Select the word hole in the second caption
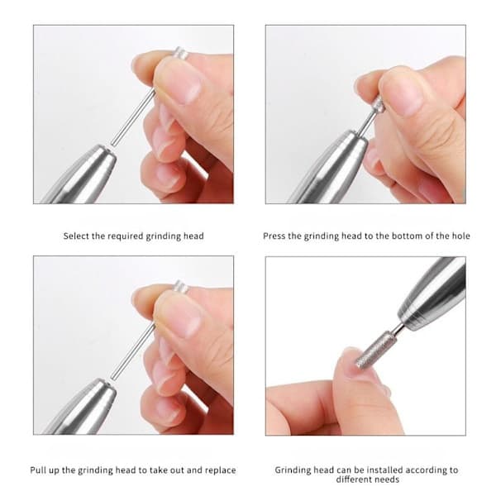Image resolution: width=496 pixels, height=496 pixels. click(461, 236)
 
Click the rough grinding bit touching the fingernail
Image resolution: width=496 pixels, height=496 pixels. click(376, 350)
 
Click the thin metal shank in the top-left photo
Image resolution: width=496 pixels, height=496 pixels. click(133, 117)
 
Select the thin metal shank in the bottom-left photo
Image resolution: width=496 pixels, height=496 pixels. click(133, 352)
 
